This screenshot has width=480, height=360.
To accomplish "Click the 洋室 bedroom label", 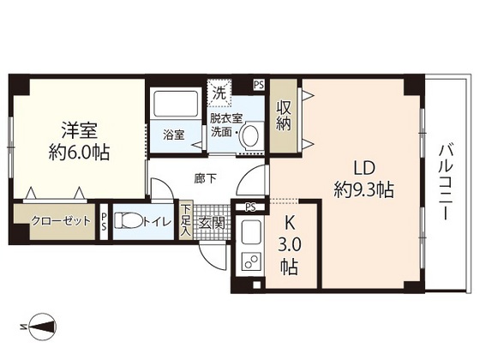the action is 79,130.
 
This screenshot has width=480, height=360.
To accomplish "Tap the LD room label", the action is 364,168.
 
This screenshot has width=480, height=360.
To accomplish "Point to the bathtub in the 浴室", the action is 176,103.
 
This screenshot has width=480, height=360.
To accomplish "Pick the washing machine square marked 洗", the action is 219,93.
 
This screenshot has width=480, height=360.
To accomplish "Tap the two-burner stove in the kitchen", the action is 252,261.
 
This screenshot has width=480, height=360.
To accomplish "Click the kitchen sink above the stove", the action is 252,231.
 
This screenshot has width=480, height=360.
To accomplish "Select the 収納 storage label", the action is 284,116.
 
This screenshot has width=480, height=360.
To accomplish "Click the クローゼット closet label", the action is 61,221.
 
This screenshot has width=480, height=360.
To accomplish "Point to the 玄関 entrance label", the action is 212,223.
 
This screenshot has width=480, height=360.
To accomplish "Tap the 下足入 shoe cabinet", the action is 184,219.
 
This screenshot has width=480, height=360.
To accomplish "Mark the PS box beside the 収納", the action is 259,85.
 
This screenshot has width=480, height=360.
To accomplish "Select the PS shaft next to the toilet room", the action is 104,222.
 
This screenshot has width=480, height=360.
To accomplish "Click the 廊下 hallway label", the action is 206,178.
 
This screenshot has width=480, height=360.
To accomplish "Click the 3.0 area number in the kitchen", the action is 290,245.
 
